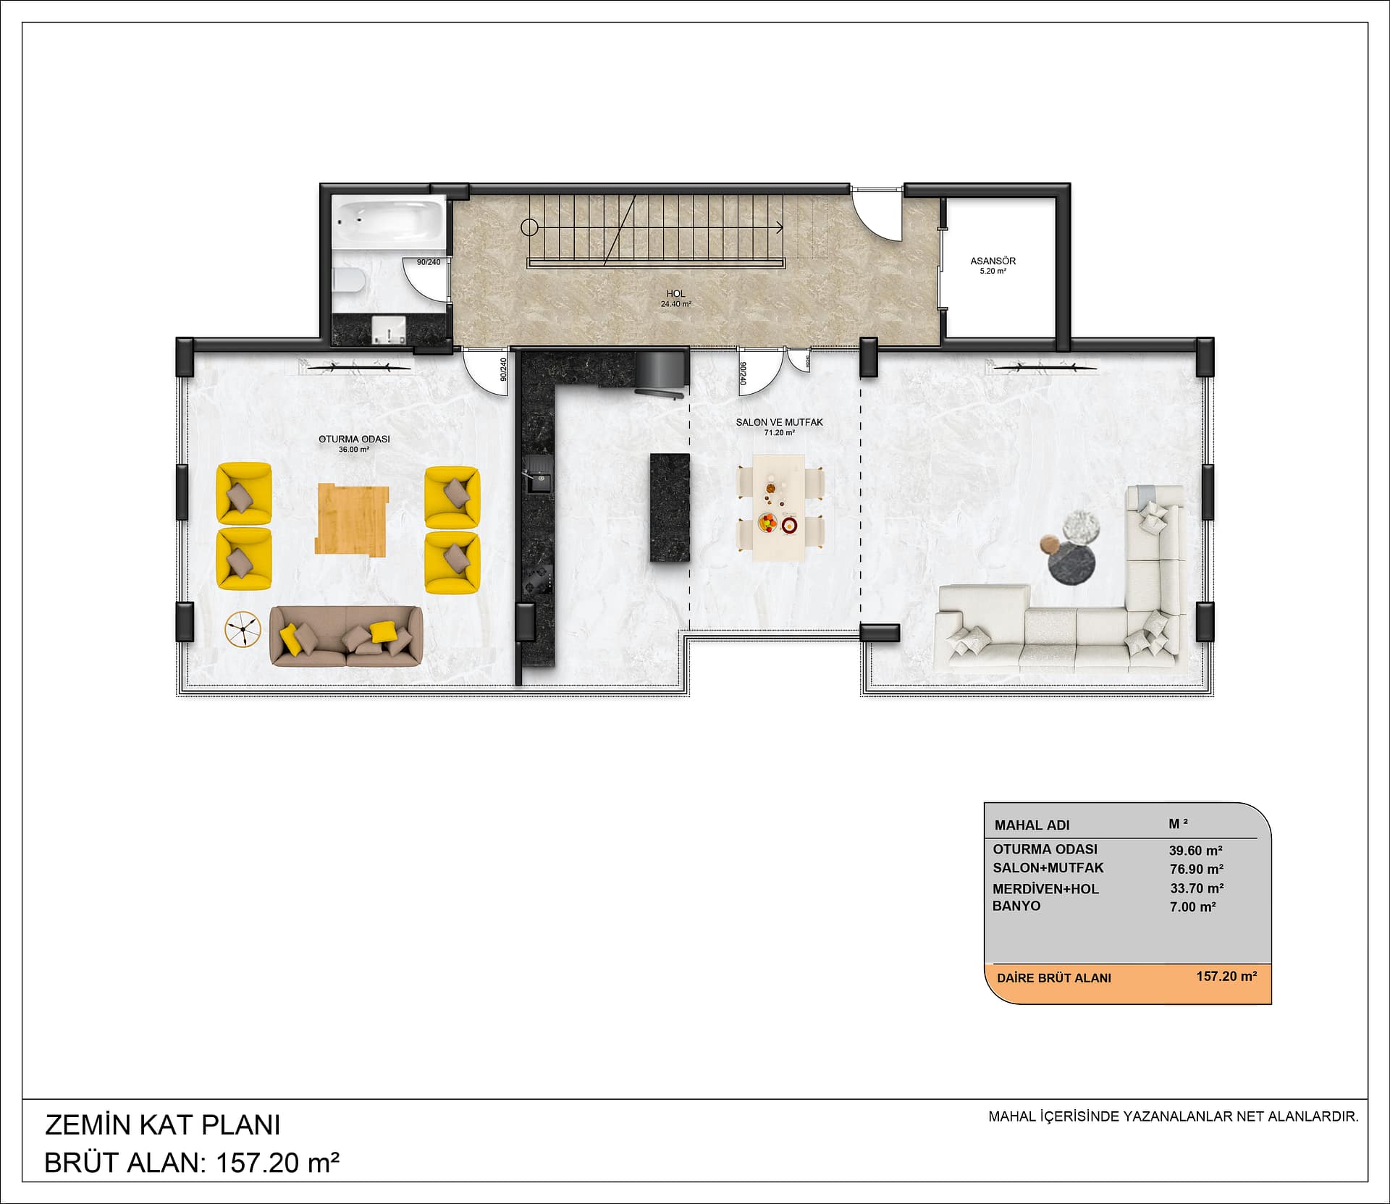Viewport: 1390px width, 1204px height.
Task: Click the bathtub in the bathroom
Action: click(388, 221)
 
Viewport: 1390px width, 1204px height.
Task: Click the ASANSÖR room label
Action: click(993, 261)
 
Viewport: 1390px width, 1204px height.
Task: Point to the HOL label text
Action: click(675, 293)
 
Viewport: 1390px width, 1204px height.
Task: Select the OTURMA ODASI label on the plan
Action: click(354, 439)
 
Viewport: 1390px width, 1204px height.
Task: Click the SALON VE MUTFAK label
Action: click(779, 422)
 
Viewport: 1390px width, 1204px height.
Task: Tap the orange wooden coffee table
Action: click(352, 519)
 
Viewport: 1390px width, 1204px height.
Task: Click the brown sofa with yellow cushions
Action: click(346, 636)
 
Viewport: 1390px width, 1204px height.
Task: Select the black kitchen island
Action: click(670, 507)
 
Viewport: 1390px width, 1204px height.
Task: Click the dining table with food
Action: click(780, 507)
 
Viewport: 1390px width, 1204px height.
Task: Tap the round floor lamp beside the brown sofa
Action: click(243, 629)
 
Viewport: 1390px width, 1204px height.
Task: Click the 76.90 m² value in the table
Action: click(1197, 869)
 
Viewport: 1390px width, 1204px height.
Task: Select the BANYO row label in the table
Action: click(1016, 906)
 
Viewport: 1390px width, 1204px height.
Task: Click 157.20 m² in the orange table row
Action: click(1226, 976)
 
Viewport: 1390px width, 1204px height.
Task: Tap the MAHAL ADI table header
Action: click(1032, 825)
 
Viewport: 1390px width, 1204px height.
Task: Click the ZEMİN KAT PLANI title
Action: click(163, 1124)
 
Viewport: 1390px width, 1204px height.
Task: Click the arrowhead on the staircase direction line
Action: click(779, 227)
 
